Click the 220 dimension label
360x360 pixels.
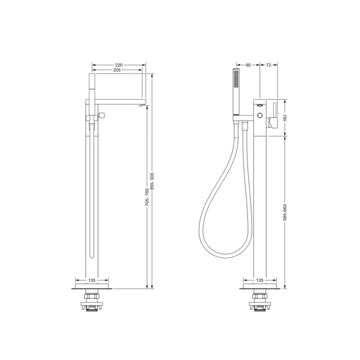tap(119, 65)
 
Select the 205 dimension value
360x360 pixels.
tap(117, 70)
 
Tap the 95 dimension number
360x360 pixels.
tap(248, 65)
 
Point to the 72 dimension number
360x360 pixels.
tap(268, 65)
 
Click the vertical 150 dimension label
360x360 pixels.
tap(285, 117)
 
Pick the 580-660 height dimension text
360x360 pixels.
tap(285, 212)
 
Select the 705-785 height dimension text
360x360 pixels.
tap(147, 197)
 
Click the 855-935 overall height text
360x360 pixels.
tap(152, 181)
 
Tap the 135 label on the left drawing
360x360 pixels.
tap(92, 280)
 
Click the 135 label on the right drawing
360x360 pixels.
tap(260, 280)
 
